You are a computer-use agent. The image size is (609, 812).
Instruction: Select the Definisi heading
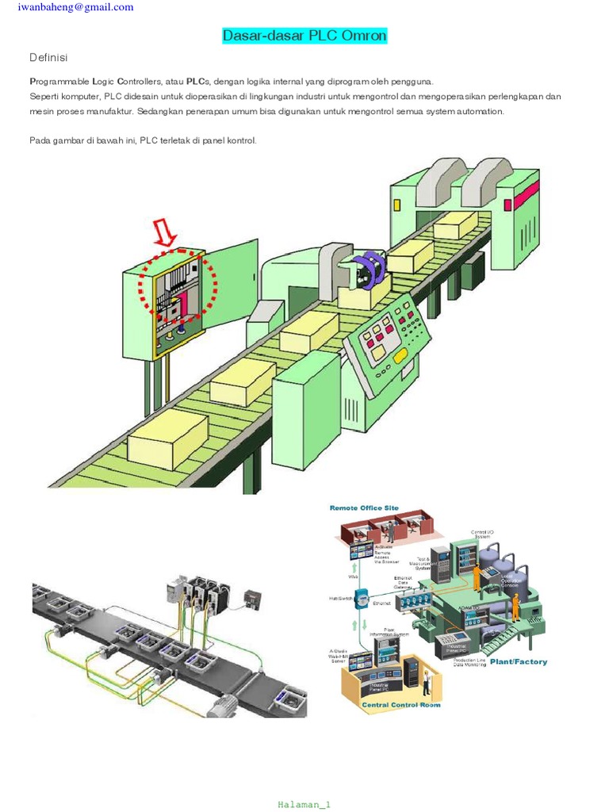pyautogui.click(x=48, y=58)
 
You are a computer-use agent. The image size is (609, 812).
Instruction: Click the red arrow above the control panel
pyautogui.click(x=167, y=233)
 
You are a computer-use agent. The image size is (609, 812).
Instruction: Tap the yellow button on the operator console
pyautogui.click(x=401, y=354)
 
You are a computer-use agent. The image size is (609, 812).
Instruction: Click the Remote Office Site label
pyautogui.click(x=364, y=507)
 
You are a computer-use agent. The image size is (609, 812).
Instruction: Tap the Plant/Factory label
pyautogui.click(x=518, y=661)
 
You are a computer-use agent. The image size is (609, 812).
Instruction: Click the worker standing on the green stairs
pyautogui.click(x=515, y=606)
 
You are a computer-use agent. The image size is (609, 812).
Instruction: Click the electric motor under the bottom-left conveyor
pyautogui.click(x=231, y=703)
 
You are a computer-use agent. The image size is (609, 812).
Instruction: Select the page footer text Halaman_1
pyautogui.click(x=304, y=804)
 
